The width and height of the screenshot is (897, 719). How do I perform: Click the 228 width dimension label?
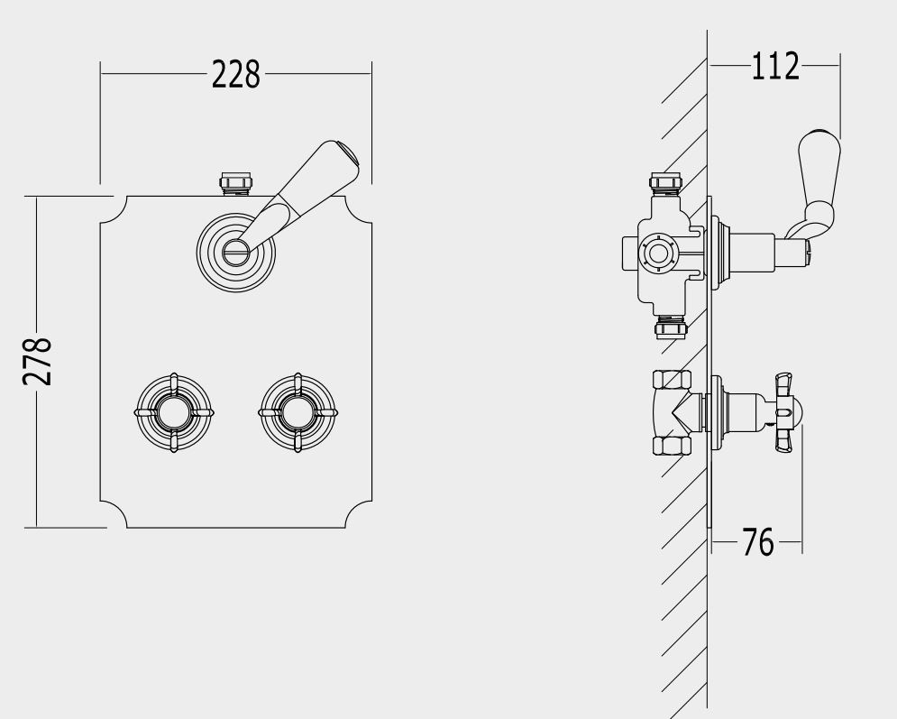tap(235, 74)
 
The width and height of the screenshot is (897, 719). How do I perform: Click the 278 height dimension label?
tap(38, 361)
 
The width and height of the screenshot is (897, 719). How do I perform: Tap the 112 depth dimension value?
tap(775, 67)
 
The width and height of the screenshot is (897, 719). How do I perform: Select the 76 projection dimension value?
tap(758, 542)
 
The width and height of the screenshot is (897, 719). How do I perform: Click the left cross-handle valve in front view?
tap(174, 412)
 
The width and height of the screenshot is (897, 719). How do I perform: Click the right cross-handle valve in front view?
tap(298, 412)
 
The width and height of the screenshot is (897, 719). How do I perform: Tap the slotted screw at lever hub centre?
tap(235, 250)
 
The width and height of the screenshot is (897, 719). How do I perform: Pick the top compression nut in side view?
tap(666, 182)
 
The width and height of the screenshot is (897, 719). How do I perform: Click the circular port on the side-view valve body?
tap(659, 253)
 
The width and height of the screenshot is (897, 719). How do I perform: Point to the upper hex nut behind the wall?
tap(673, 381)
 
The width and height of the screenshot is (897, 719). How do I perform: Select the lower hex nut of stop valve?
tap(673, 445)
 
